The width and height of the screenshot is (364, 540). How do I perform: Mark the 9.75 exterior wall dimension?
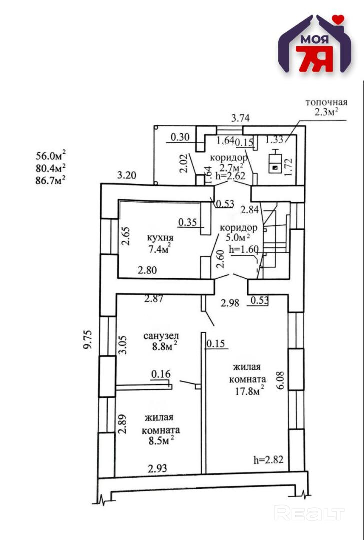pyautogui.click(x=88, y=340)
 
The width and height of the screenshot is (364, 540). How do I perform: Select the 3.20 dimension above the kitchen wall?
pyautogui.click(x=126, y=176)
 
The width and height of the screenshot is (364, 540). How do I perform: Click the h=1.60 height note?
pyautogui.click(x=243, y=249)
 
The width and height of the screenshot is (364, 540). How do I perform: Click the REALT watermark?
pyautogui.click(x=310, y=513)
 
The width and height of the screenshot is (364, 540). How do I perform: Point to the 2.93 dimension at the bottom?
pyautogui.click(x=157, y=468)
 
